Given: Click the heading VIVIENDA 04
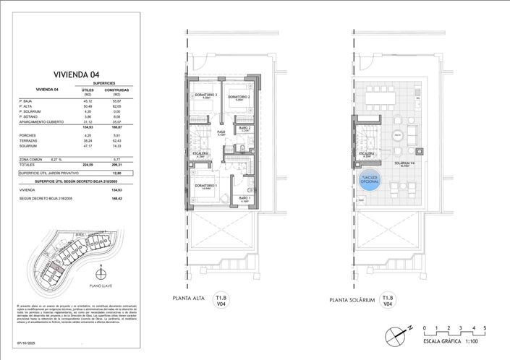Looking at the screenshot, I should pyautogui.click(x=76, y=74).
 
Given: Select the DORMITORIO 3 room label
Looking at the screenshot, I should pyautogui.click(x=206, y=95).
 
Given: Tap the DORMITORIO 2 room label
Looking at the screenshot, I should pyautogui.click(x=239, y=97).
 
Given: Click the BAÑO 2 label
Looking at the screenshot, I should pyautogui.click(x=245, y=128).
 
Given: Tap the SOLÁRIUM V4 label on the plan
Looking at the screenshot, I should pyautogui.click(x=395, y=163).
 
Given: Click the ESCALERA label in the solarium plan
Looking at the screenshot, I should pyautogui.click(x=366, y=154).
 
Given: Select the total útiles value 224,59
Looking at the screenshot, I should pyautogui.click(x=88, y=166).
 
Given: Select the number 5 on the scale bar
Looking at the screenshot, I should pyautogui.click(x=485, y=328).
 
